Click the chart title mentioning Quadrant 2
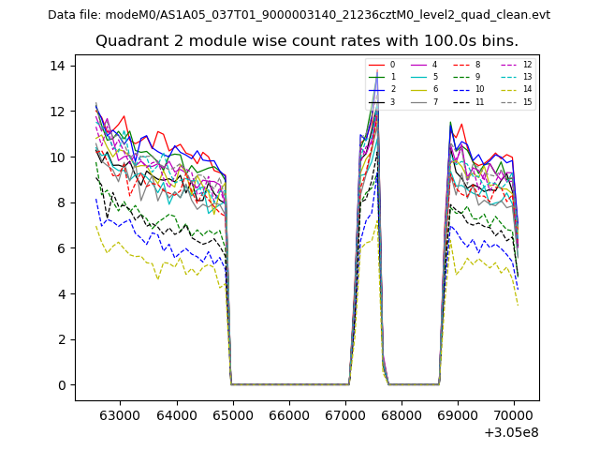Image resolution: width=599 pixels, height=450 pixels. (306, 41)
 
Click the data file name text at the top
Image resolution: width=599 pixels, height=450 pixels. (299, 15)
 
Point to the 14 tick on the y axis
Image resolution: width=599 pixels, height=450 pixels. (58, 66)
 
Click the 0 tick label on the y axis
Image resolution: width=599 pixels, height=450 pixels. (62, 385)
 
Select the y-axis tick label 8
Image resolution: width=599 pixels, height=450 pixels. (62, 202)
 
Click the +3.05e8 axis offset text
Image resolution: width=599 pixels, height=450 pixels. (512, 432)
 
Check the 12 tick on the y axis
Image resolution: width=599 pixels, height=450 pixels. (58, 112)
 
